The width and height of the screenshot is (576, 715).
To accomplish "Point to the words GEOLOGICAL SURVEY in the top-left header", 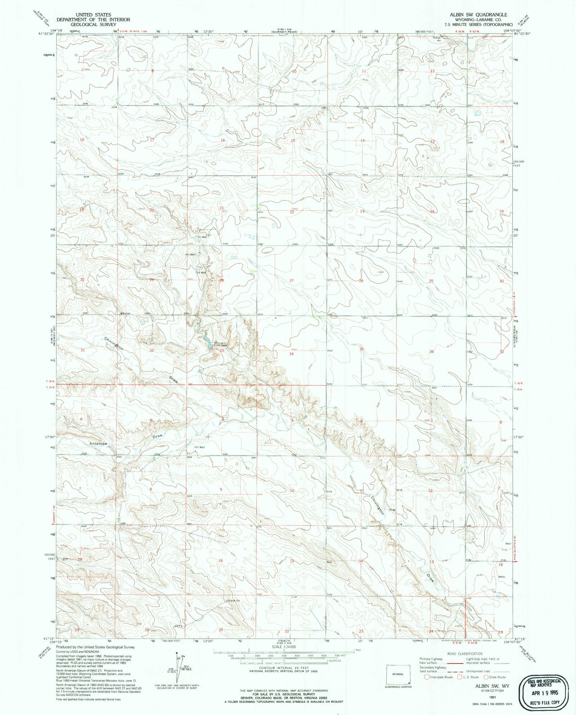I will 93,24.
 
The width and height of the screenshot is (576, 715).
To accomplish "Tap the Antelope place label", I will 98,444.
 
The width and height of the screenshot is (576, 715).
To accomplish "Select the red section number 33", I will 222,351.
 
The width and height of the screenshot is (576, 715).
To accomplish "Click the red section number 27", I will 292,280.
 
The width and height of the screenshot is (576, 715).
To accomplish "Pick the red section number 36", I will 431,352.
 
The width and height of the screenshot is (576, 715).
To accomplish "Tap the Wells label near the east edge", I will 501,577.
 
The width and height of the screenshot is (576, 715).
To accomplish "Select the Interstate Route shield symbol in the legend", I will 427,677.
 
